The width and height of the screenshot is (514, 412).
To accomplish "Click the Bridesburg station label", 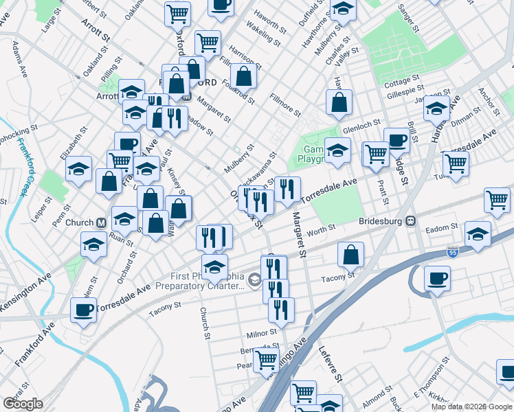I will [x=381, y=221].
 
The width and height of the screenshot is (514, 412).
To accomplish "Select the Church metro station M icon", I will [x=100, y=222].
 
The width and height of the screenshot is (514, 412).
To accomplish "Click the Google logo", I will [x=23, y=403].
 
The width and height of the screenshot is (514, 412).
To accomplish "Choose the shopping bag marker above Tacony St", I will [x=350, y=255].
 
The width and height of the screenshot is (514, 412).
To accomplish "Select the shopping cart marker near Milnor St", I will [x=266, y=359].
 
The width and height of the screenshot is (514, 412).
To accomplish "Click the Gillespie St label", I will [x=404, y=90].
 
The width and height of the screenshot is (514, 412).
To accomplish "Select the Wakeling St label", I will [x=264, y=34].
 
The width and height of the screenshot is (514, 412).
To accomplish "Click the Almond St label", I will [x=377, y=397].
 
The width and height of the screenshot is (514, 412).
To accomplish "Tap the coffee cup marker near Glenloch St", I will [x=396, y=140].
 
